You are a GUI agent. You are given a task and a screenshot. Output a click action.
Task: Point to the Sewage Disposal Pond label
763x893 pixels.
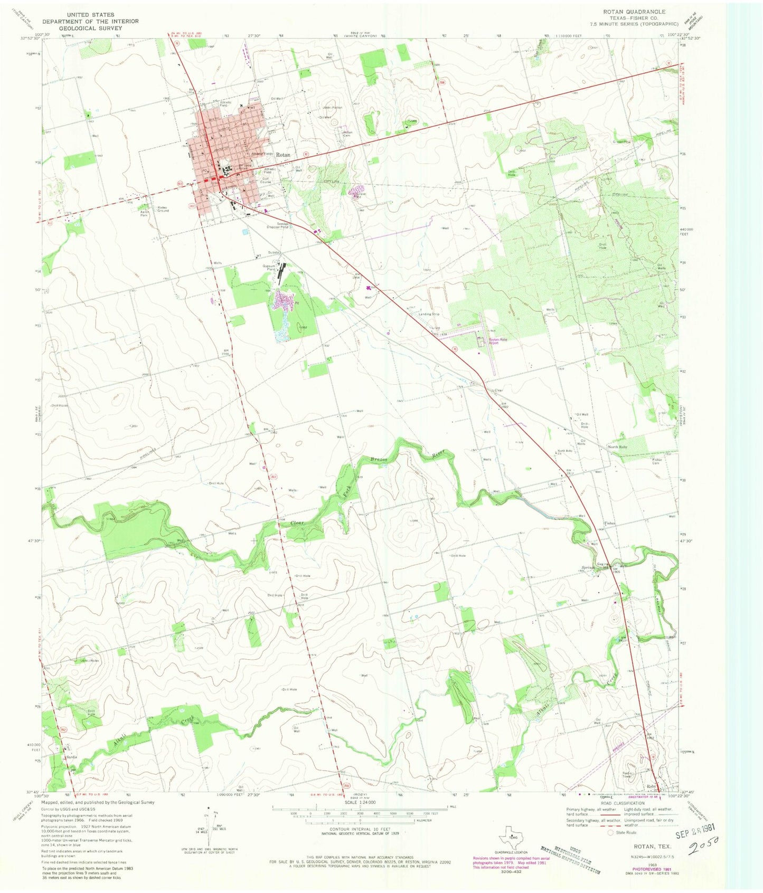click(x=277, y=225)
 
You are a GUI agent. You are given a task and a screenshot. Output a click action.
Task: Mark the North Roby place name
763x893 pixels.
click(x=617, y=447)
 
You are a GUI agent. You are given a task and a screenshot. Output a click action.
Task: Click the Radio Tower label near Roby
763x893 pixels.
click(x=627, y=774)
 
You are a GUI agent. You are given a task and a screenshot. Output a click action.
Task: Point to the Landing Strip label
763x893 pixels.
click(x=429, y=314)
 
